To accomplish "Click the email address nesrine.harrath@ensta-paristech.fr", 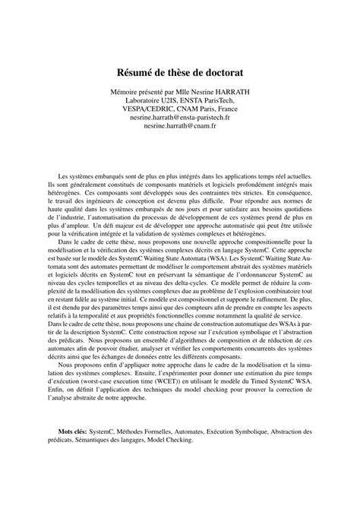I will coord(179,119).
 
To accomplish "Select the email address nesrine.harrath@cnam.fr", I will coord(179,128).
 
